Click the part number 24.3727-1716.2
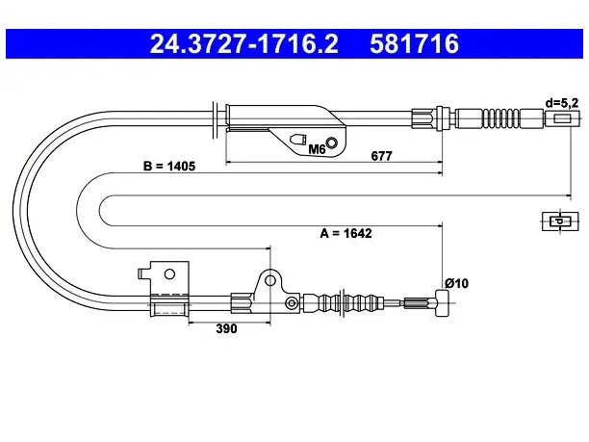tap(244, 43)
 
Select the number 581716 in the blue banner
tap(414, 43)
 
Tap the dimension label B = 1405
tap(169, 166)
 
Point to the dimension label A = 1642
tap(346, 233)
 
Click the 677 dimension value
tap(381, 156)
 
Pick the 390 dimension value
tap(226, 328)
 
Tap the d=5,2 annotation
tap(562, 103)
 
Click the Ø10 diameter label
tap(456, 283)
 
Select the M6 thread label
tap(317, 149)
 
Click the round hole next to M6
tap(332, 143)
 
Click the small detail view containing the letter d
tap(560, 221)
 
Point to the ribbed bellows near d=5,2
tap(501, 118)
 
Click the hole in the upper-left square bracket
tap(169, 274)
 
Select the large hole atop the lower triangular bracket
tap(270, 280)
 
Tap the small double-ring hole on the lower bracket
tap(292, 303)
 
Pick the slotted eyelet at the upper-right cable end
tap(562, 118)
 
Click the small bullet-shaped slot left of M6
tap(298, 140)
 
